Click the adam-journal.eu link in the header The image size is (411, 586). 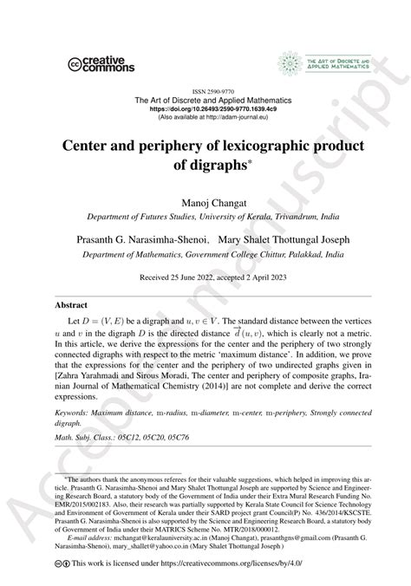point(241,118)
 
